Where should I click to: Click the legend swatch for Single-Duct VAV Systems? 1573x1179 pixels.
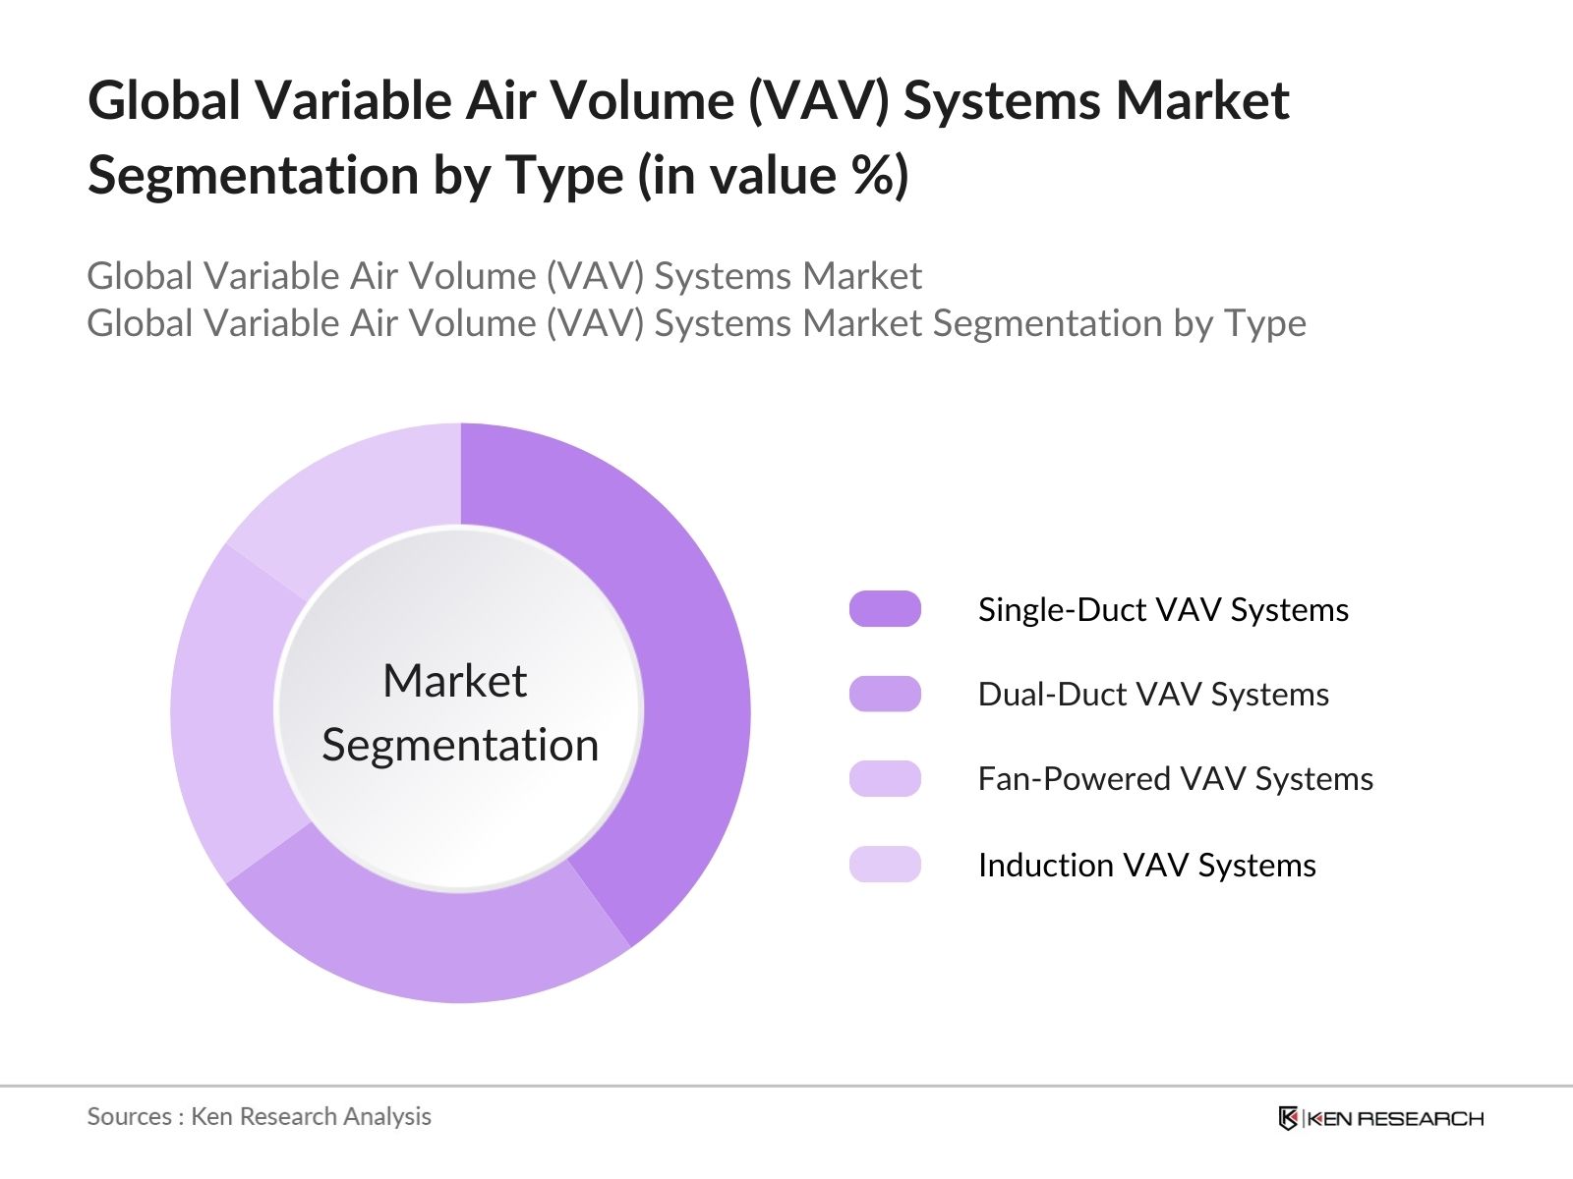pyautogui.click(x=885, y=609)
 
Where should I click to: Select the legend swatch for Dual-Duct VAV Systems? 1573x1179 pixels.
pyautogui.click(x=885, y=694)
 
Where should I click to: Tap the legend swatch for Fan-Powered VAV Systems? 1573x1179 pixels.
pyautogui.click(x=885, y=779)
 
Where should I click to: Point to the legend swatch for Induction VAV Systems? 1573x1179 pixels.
pyautogui.click(x=885, y=865)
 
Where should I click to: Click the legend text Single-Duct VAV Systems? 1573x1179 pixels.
pyautogui.click(x=1163, y=610)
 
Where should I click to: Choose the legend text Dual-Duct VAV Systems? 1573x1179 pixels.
pyautogui.click(x=1153, y=695)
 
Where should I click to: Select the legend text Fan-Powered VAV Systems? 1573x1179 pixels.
pyautogui.click(x=1175, y=779)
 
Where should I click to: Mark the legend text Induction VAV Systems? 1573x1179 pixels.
pyautogui.click(x=1146, y=866)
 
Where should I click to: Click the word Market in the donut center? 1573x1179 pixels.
pyautogui.click(x=454, y=681)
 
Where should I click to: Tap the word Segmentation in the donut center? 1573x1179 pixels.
pyautogui.click(x=460, y=745)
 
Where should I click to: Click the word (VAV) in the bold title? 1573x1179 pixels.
pyautogui.click(x=818, y=101)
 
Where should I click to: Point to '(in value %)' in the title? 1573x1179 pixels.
pyautogui.click(x=773, y=176)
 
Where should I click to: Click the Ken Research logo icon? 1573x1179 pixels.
pyautogui.click(x=1288, y=1118)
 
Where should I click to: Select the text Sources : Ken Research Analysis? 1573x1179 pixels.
pyautogui.click(x=259, y=1117)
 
